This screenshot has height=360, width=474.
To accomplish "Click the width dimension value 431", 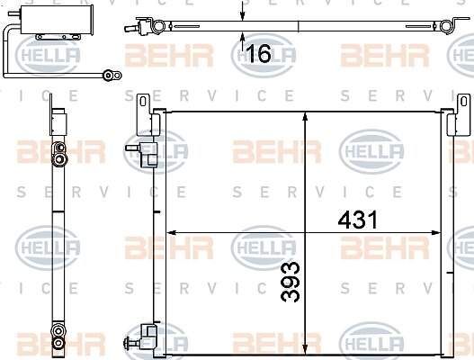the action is (x=358, y=220).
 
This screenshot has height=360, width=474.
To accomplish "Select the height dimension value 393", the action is (x=291, y=282).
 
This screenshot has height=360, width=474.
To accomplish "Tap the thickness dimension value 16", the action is (x=259, y=53).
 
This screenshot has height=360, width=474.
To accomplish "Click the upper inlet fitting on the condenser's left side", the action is (x=141, y=154).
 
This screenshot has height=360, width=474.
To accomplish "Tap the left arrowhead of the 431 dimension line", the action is (x=172, y=232).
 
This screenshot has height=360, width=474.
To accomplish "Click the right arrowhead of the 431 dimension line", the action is (x=435, y=232).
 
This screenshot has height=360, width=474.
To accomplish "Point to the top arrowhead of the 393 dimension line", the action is (x=305, y=117).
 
